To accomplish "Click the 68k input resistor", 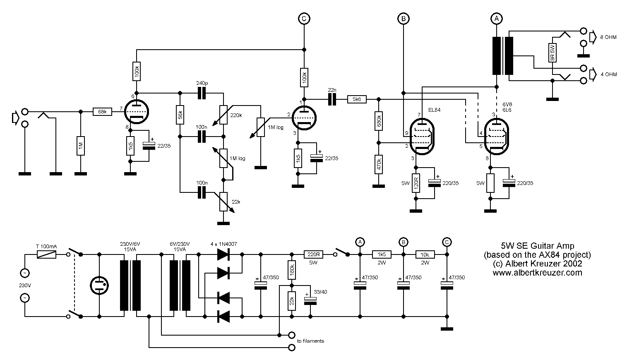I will click(102, 112).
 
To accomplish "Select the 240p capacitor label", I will click(202, 83).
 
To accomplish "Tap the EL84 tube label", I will click(435, 110).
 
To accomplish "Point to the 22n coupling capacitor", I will click(332, 99).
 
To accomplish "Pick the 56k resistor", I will click(180, 116).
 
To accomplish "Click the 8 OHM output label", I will click(608, 37).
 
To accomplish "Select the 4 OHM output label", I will click(608, 74).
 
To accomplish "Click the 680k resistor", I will click(378, 121).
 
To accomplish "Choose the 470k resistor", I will click(378, 164).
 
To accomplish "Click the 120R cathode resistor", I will click(416, 183).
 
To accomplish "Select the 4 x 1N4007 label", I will click(223, 244).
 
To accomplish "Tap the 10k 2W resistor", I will click(425, 254).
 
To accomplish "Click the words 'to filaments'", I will click(310, 341).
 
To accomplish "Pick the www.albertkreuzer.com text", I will click(537, 273).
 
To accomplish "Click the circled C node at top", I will click(304, 18).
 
